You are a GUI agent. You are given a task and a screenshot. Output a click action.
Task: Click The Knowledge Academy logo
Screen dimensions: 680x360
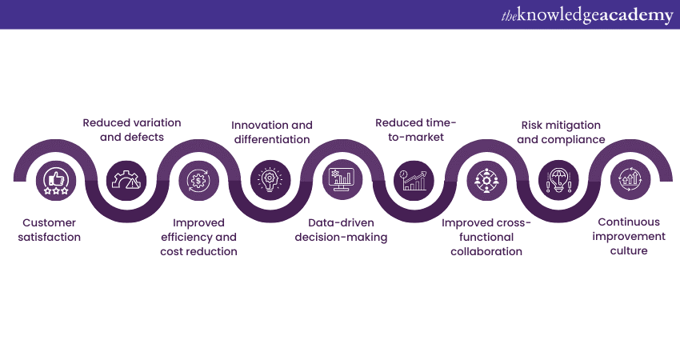point(587,15)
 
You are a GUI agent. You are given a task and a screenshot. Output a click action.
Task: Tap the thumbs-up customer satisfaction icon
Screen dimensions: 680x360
point(56,181)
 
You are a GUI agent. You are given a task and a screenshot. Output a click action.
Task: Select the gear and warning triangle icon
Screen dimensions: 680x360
point(126,181)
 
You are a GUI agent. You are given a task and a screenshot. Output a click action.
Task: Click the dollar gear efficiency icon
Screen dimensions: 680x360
point(198,181)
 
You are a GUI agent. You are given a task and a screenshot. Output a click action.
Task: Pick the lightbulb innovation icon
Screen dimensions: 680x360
point(270,180)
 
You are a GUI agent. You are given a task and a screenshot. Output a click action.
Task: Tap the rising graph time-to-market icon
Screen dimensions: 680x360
point(414,181)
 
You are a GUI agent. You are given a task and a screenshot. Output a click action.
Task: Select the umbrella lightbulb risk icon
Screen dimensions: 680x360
point(558,180)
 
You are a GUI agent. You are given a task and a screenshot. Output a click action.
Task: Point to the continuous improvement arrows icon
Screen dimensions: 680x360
point(630,179)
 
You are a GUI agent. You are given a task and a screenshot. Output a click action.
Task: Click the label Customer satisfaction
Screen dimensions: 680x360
point(49,230)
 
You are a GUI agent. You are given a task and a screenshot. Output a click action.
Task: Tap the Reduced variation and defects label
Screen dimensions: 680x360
point(132,130)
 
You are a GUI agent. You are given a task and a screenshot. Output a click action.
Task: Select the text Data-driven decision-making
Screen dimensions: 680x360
point(341,230)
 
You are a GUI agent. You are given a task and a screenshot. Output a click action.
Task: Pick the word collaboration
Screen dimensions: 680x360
point(486,251)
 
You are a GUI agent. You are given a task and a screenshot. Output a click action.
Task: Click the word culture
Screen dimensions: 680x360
point(629,250)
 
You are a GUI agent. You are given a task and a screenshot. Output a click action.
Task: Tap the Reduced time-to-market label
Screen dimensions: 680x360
point(415,130)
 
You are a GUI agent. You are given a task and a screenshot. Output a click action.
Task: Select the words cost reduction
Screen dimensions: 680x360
point(198,251)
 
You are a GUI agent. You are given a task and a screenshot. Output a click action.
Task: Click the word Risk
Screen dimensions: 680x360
point(531,125)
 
